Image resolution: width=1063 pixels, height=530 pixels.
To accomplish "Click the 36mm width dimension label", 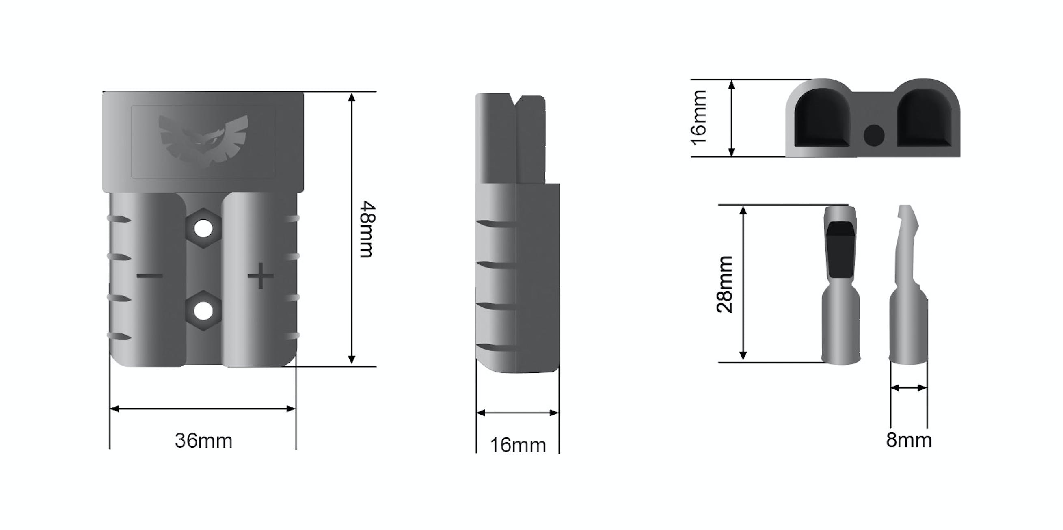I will coord(203,441).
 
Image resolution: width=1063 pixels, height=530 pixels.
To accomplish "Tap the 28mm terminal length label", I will coord(725,284).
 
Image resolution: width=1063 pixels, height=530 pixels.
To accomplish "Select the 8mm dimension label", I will coord(909,440).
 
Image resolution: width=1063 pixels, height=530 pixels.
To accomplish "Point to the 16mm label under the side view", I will coord(517,446).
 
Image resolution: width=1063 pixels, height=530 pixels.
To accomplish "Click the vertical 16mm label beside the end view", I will coord(699,118).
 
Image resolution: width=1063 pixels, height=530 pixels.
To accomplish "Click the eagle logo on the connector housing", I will coord(203,141).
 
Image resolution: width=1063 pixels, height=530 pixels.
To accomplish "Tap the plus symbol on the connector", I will coord(260,276).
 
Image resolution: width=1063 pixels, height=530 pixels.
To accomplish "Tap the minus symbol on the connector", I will coord(149,276).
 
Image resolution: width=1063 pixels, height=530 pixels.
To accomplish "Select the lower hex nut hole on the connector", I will coord(203,311).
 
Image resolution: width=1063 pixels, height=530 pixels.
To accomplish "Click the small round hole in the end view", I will coord(874,135).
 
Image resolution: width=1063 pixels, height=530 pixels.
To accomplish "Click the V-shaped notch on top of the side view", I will coord(516,100).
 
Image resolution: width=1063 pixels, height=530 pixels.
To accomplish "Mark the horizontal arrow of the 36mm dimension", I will coord(203,409).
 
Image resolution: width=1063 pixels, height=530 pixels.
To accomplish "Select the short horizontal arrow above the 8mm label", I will coord(909,388).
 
